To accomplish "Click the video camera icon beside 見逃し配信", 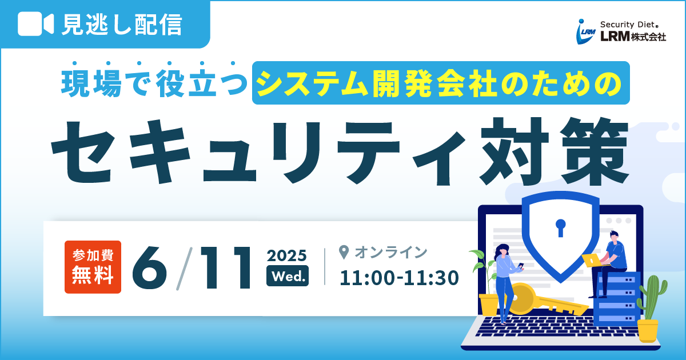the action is click(36, 24).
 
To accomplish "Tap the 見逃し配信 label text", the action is click(122, 24).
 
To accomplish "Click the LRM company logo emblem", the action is click(585, 31).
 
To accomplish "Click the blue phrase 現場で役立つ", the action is click(154, 83).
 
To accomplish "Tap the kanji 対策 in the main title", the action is click(554, 151).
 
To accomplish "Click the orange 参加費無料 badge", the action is click(93, 267).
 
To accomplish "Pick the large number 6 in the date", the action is click(149, 268).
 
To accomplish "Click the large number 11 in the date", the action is click(226, 268).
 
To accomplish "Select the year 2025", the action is click(286, 255).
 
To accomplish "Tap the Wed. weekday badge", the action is click(288, 276).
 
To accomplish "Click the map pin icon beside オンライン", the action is click(344, 252).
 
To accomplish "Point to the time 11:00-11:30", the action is click(399, 278).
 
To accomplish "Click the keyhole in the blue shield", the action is click(560, 228).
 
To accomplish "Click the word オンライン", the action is click(391, 252).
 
